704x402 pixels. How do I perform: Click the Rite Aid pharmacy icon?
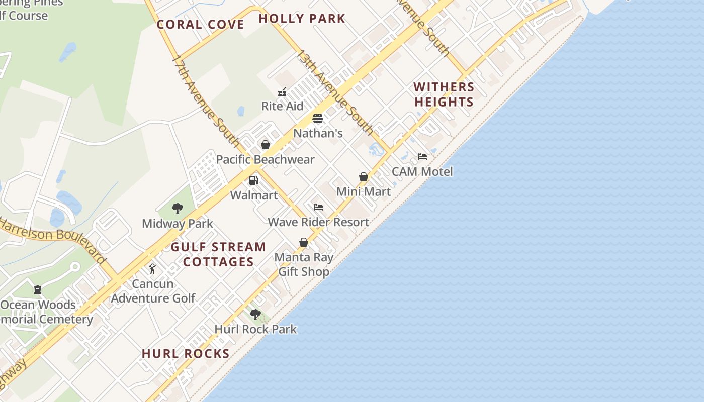click(282, 92)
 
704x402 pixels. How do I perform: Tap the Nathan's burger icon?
click(317, 119)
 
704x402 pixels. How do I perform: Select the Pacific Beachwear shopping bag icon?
click(266, 145)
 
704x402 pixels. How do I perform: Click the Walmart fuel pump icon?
click(254, 180)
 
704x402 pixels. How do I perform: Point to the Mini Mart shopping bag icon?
click(364, 177)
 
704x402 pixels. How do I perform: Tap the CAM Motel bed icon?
click(422, 157)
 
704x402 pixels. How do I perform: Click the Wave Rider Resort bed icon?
click(318, 207)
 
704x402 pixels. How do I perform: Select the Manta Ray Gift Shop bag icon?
click(304, 243)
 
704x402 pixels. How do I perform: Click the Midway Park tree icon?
click(177, 209)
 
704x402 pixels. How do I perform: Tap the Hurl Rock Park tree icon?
click(255, 315)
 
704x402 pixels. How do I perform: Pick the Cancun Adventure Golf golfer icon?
click(152, 269)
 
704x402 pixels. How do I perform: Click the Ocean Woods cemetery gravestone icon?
click(38, 290)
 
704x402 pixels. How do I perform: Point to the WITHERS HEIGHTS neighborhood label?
click(444, 94)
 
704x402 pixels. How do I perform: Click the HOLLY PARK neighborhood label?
click(302, 19)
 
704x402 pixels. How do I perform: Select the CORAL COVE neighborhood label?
click(200, 24)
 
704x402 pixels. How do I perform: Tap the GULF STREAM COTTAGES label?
click(218, 254)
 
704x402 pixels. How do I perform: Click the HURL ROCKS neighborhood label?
click(186, 354)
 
